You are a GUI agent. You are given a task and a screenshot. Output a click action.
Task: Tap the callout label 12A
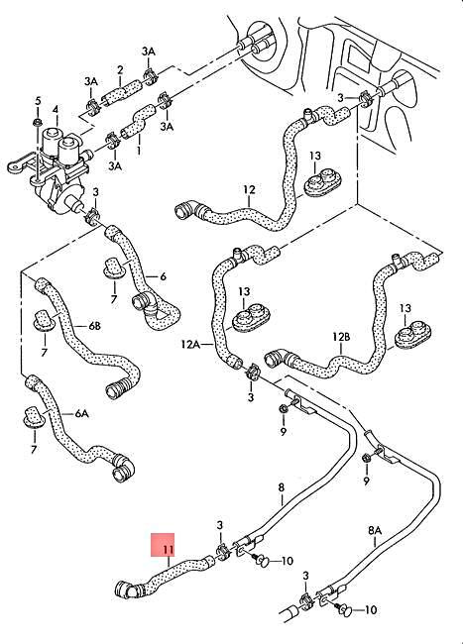tap(190, 344)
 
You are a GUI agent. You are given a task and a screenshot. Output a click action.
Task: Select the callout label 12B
tap(341, 337)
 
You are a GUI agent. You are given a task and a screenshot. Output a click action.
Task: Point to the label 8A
tap(375, 530)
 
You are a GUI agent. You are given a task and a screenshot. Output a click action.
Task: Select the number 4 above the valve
tap(56, 109)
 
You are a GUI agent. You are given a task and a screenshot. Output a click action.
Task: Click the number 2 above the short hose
tap(119, 69)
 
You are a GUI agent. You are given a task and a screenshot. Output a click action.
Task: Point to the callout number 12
tap(248, 189)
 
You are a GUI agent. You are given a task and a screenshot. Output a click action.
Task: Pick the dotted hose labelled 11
tap(164, 575)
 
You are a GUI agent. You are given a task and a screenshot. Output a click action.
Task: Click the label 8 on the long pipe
tap(281, 486)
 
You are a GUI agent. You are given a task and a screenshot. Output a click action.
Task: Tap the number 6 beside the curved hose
tap(162, 277)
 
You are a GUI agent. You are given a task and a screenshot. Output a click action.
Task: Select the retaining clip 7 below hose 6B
tap(43, 322)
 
